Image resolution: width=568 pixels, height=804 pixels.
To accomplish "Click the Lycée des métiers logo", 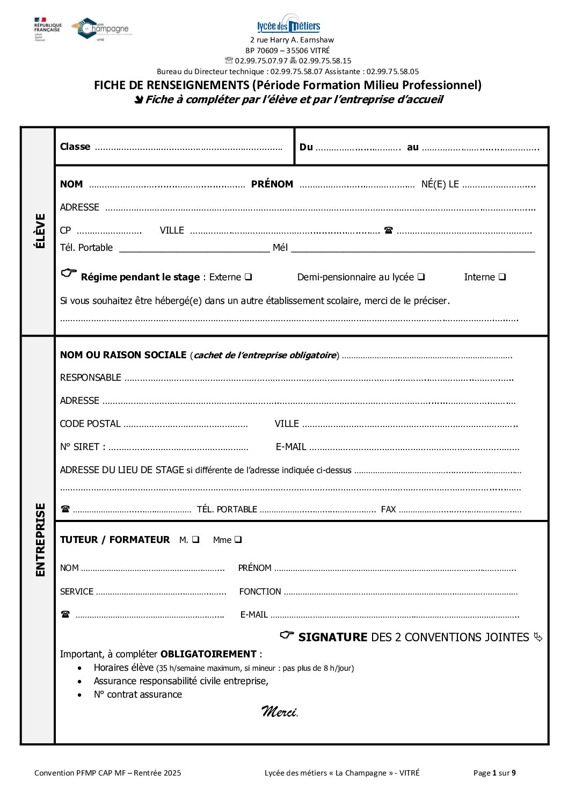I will pos(289,25).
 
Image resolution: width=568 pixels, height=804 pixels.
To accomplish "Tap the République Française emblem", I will pos(47,29).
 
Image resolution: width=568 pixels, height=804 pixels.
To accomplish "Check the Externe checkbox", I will pos(249,277).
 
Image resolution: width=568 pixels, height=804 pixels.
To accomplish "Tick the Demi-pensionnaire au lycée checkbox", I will pos(421,277).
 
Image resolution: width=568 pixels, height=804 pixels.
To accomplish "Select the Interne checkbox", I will pos(502,277).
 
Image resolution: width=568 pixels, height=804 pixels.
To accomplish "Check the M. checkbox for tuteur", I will pos(195,540).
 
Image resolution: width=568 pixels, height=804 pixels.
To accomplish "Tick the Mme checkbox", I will pos(238,540).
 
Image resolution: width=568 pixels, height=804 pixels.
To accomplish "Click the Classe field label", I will pos(75,147).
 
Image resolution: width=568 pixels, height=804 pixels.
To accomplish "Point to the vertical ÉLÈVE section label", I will pos(40,231).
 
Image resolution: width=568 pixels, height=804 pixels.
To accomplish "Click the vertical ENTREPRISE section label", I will pos(40,540).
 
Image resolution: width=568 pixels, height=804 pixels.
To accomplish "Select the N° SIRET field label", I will pos(83,447).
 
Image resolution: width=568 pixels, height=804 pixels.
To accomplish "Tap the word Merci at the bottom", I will pos(279,712).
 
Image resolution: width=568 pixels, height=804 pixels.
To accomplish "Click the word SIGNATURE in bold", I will pos(333,638).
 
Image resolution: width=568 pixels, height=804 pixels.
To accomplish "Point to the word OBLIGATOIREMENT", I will pos(208,654).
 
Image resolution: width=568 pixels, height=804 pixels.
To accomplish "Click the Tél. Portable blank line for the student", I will pos(194,248).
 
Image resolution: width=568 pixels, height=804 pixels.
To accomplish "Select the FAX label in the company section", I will pos(388,509).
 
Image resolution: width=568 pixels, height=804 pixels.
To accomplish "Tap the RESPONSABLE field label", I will pos(91,378).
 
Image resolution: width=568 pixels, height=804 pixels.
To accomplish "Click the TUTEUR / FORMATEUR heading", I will pos(115,540).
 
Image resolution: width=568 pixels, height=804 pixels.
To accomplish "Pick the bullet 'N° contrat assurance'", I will pos(138,694).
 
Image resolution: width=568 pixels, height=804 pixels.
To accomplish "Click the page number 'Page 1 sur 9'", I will pos(494,773).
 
